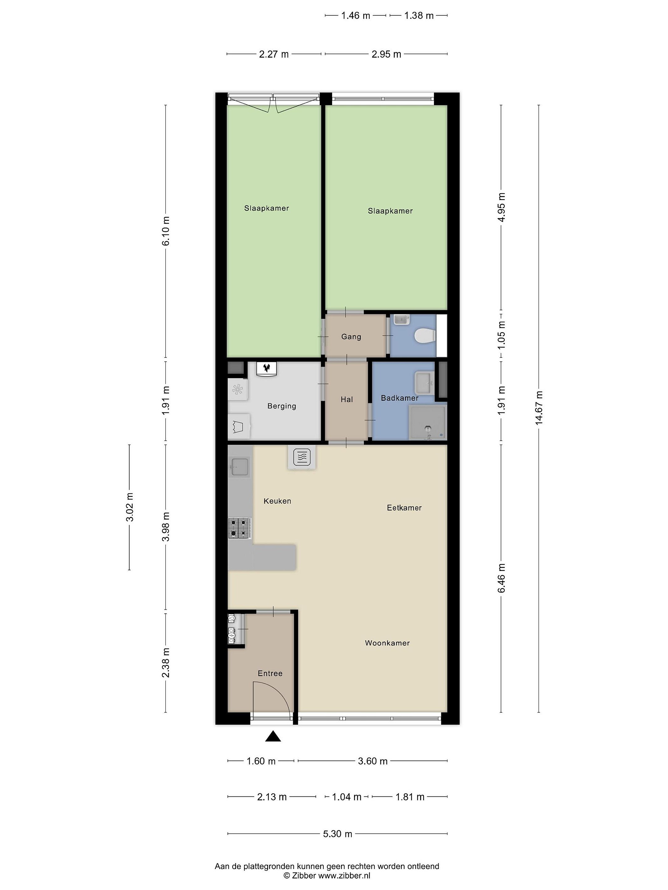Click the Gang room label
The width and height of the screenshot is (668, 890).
pyautogui.click(x=351, y=337)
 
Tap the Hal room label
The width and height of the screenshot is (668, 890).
pyautogui.click(x=347, y=400)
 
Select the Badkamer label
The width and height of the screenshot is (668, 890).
pyautogui.click(x=400, y=398)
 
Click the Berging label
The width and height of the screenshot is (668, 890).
pyautogui.click(x=281, y=406)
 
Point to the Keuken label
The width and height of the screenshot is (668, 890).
pyautogui.click(x=277, y=501)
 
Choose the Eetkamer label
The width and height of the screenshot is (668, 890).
pyautogui.click(x=404, y=508)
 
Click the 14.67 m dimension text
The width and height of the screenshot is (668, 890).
pyautogui.click(x=539, y=407)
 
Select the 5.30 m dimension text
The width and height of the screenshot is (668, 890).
pyautogui.click(x=337, y=834)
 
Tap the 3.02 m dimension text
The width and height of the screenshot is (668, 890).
pyautogui.click(x=129, y=507)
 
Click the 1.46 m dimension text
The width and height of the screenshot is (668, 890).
pyautogui.click(x=356, y=16)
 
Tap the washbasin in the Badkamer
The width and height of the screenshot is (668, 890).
pyautogui.click(x=424, y=383)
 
